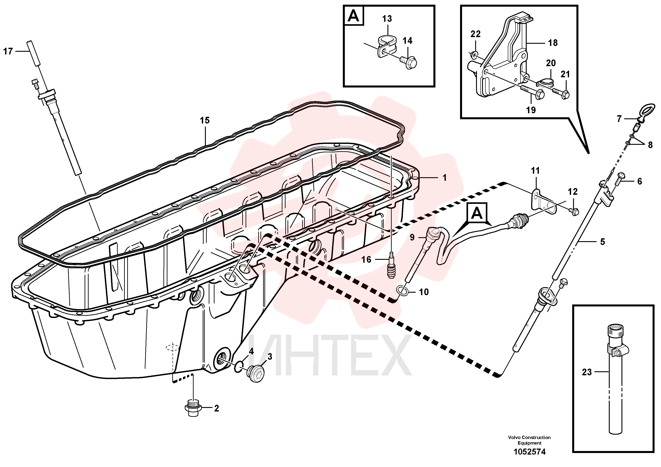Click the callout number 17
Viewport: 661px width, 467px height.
pyautogui.click(x=8, y=52)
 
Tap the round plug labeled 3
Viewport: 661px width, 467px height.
pyautogui.click(x=256, y=374)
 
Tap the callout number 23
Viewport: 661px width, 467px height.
pyautogui.click(x=587, y=372)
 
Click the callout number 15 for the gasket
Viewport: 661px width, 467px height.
pyautogui.click(x=205, y=120)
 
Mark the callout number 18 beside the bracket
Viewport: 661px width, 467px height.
pyautogui.click(x=553, y=43)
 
